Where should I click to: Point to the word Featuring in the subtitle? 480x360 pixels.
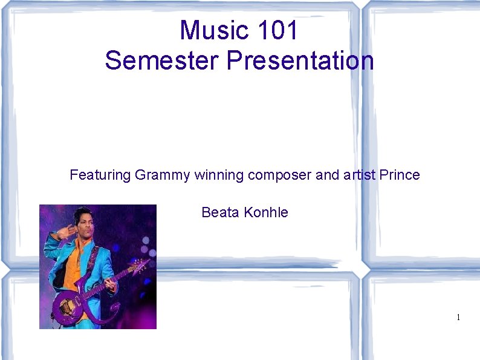click(x=100, y=175)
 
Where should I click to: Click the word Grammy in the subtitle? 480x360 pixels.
click(x=162, y=175)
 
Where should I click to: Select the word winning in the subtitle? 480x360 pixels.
click(x=219, y=175)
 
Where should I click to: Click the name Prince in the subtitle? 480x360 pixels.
click(x=400, y=175)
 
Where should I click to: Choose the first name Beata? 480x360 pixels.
click(x=220, y=212)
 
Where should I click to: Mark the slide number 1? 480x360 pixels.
click(x=458, y=318)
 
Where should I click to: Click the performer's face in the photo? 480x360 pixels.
click(x=83, y=222)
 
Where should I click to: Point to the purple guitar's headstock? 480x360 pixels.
click(x=143, y=264)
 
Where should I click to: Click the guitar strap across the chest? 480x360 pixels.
click(x=91, y=260)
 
